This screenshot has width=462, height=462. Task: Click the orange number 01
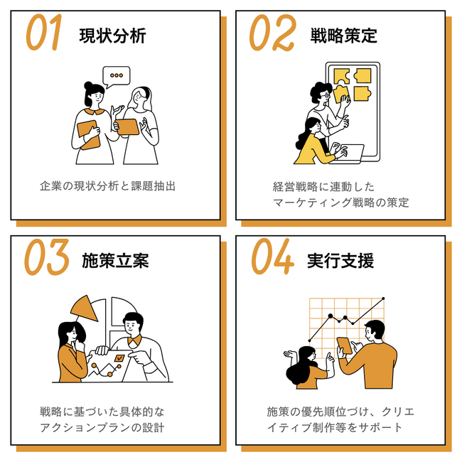pos(44,32)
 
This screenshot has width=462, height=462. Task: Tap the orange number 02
pos(272,33)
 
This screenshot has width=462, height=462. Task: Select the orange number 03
pos(46,257)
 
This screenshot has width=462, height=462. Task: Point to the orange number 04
pos(272,257)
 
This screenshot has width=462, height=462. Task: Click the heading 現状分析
pos(112,36)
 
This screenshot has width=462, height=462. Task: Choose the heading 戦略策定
pos(343,36)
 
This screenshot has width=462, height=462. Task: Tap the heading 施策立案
pos(115,260)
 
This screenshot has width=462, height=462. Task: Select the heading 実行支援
pos(340,260)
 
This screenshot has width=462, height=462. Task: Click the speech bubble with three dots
pos(116,77)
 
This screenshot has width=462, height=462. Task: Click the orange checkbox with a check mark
pos(119,358)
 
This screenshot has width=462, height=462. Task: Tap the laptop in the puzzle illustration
pos(348,154)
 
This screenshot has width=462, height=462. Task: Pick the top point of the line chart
pos(383,299)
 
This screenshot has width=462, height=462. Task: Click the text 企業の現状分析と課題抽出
pos(107,186)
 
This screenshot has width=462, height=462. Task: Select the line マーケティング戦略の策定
pos(340,203)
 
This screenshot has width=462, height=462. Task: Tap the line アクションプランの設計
pos(102,427)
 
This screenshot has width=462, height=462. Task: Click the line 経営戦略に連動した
pos(323,187)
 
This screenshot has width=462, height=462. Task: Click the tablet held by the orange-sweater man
pos(345,345)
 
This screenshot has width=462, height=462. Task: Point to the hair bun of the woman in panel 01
pos(88,86)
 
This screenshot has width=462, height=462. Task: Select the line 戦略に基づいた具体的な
pos(102,412)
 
